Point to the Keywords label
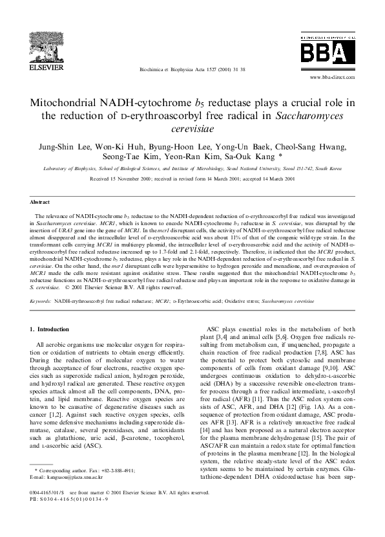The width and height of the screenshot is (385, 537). coord(41,301)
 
